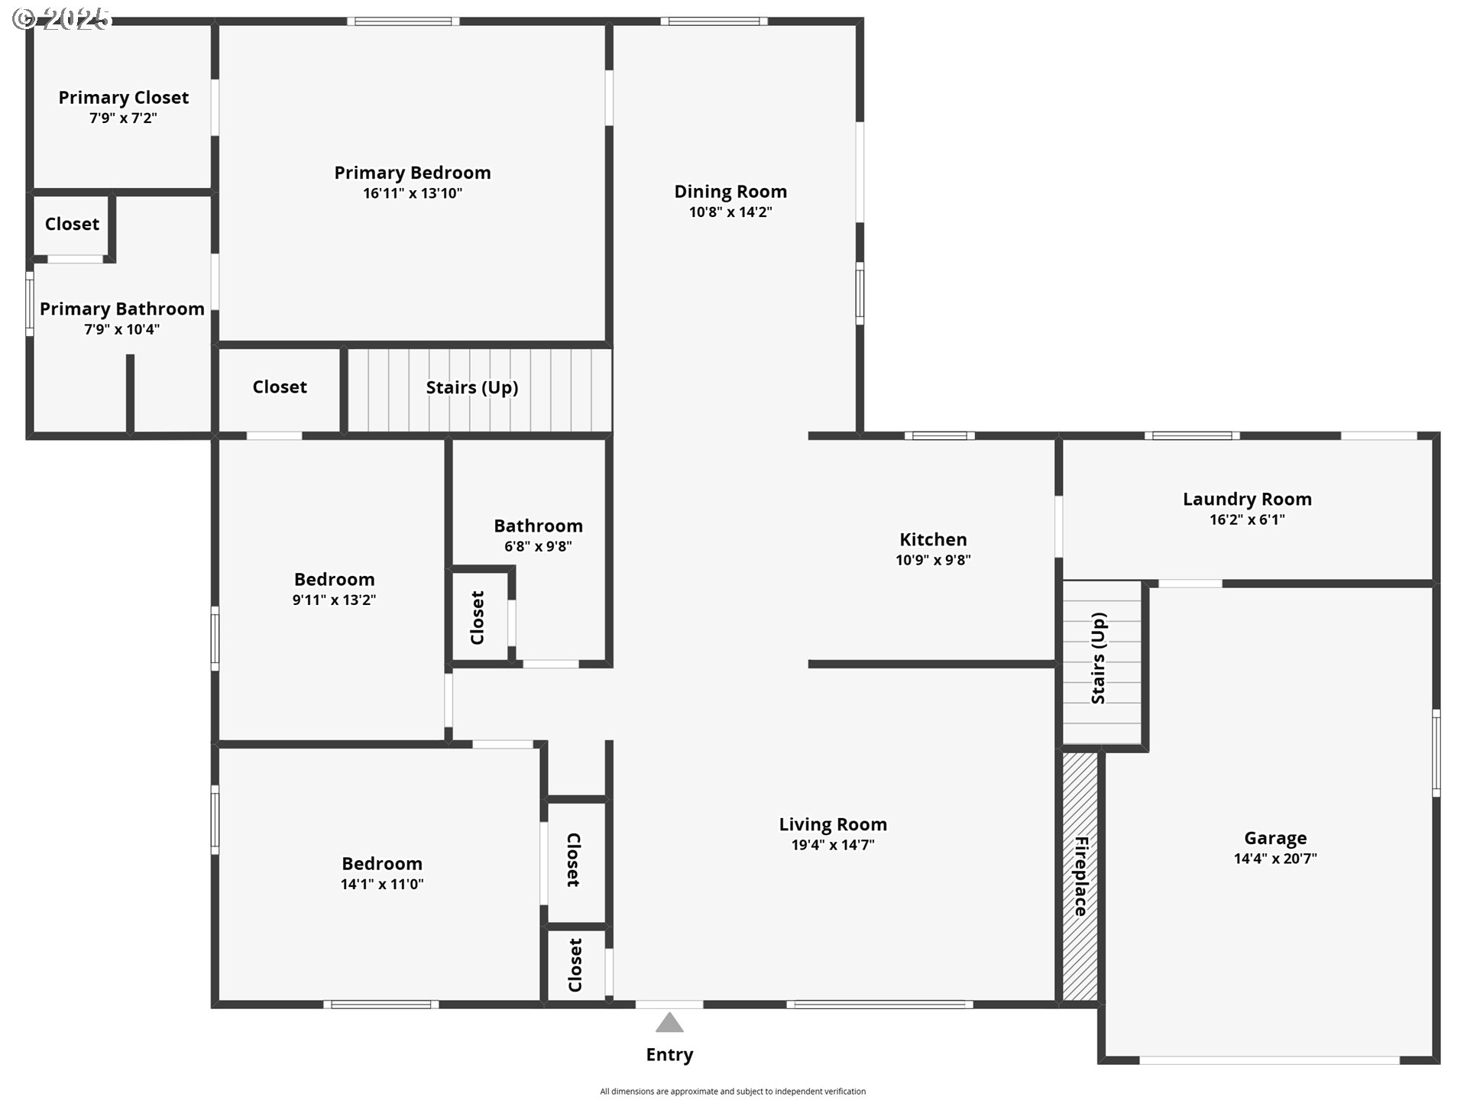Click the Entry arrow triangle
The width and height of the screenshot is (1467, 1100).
pyautogui.click(x=669, y=1024)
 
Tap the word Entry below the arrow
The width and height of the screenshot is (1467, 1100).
pyautogui.click(x=669, y=1055)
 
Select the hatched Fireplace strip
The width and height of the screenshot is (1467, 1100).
pyautogui.click(x=1080, y=876)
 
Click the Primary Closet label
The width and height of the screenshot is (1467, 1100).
pyautogui.click(x=124, y=98)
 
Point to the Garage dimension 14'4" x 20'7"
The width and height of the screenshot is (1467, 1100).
pyautogui.click(x=1275, y=859)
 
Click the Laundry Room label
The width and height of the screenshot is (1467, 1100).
pyautogui.click(x=1247, y=500)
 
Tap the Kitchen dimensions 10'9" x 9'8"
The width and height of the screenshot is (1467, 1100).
pyautogui.click(x=933, y=560)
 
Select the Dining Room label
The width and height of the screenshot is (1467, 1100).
pyautogui.click(x=730, y=192)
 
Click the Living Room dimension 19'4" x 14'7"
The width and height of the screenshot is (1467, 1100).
pyautogui.click(x=833, y=845)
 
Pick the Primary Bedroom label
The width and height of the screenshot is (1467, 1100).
pyautogui.click(x=413, y=173)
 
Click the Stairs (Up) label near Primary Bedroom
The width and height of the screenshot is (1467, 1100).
pyautogui.click(x=472, y=388)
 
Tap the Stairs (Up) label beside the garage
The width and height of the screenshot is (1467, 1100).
pyautogui.click(x=1099, y=658)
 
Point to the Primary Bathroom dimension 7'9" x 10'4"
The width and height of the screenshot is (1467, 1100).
pyautogui.click(x=122, y=330)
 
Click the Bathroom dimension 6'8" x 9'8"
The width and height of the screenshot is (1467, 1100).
pyautogui.click(x=538, y=547)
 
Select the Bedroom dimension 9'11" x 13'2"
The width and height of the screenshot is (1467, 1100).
pyautogui.click(x=334, y=600)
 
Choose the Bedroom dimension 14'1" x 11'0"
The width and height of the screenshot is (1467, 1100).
pyautogui.click(x=382, y=885)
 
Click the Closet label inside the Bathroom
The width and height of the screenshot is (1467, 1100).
pyautogui.click(x=478, y=618)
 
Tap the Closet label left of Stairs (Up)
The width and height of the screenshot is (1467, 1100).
pyautogui.click(x=280, y=387)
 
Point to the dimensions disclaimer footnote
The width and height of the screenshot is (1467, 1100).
pyautogui.click(x=733, y=1092)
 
